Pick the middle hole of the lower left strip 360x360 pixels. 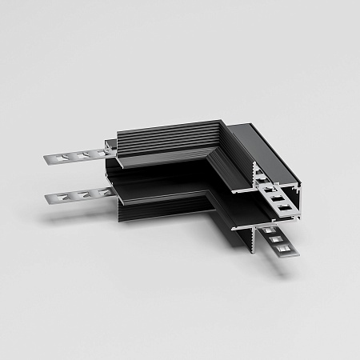[82, 194]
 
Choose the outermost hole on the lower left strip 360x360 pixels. [69, 195]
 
